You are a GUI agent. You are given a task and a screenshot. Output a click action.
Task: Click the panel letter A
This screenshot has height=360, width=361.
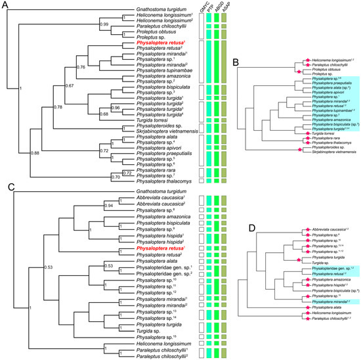tap(5, 5)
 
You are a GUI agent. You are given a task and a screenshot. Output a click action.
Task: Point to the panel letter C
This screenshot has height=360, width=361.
tap(5, 186)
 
